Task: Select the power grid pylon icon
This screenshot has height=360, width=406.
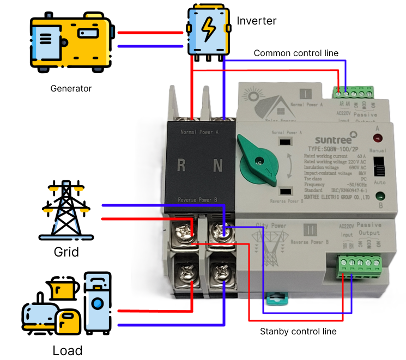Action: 66,210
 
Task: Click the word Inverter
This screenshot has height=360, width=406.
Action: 257,21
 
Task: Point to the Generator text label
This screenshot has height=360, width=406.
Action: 71,88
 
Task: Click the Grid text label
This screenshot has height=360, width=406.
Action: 66,252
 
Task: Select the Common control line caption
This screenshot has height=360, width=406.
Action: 296,53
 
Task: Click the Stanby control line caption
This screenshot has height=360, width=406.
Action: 298,331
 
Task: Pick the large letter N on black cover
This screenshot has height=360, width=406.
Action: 218,165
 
